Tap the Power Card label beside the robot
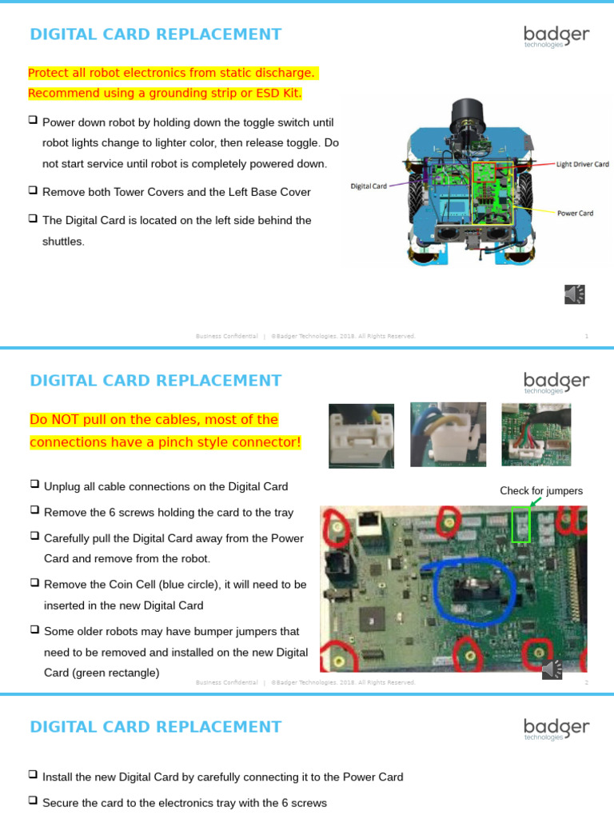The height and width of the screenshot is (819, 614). (575, 214)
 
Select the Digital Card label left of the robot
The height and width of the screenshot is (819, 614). (369, 186)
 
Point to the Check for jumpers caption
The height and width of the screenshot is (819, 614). (541, 491)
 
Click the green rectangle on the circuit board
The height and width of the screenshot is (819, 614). (520, 525)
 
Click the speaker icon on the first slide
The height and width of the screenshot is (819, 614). (574, 294)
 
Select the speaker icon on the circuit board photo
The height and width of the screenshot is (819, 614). (552, 669)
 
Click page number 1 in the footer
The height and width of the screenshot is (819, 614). (586, 337)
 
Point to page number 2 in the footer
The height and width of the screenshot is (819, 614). (586, 683)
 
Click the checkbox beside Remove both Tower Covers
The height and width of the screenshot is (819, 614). (33, 191)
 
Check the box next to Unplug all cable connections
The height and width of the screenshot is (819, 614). (34, 485)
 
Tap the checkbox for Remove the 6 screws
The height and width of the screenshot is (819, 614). (34, 511)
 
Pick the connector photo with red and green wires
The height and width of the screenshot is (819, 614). (536, 435)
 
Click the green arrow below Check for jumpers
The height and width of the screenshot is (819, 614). (534, 501)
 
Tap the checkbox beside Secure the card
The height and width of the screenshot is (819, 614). (33, 801)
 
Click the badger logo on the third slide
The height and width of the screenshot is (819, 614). (556, 729)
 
